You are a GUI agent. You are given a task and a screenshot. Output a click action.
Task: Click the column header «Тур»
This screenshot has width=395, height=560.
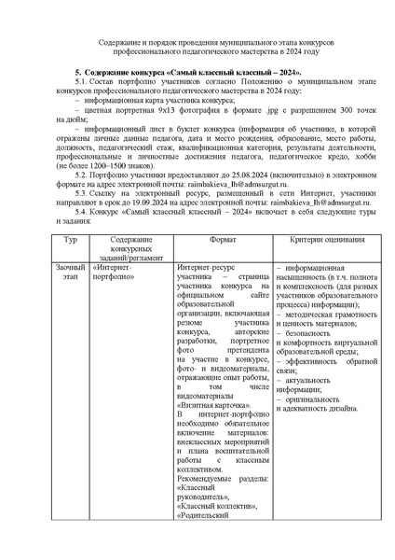[x=68, y=240]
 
